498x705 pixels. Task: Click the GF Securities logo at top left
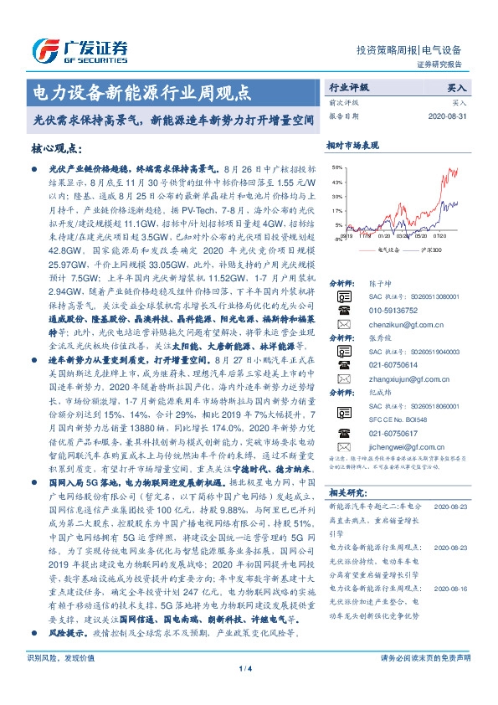[x=79, y=49]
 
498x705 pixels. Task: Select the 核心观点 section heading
[x=56, y=148]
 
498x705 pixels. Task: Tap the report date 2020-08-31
[x=449, y=116]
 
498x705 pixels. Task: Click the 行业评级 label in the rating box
[x=349, y=87]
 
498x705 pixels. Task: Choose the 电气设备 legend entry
[x=388, y=249]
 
